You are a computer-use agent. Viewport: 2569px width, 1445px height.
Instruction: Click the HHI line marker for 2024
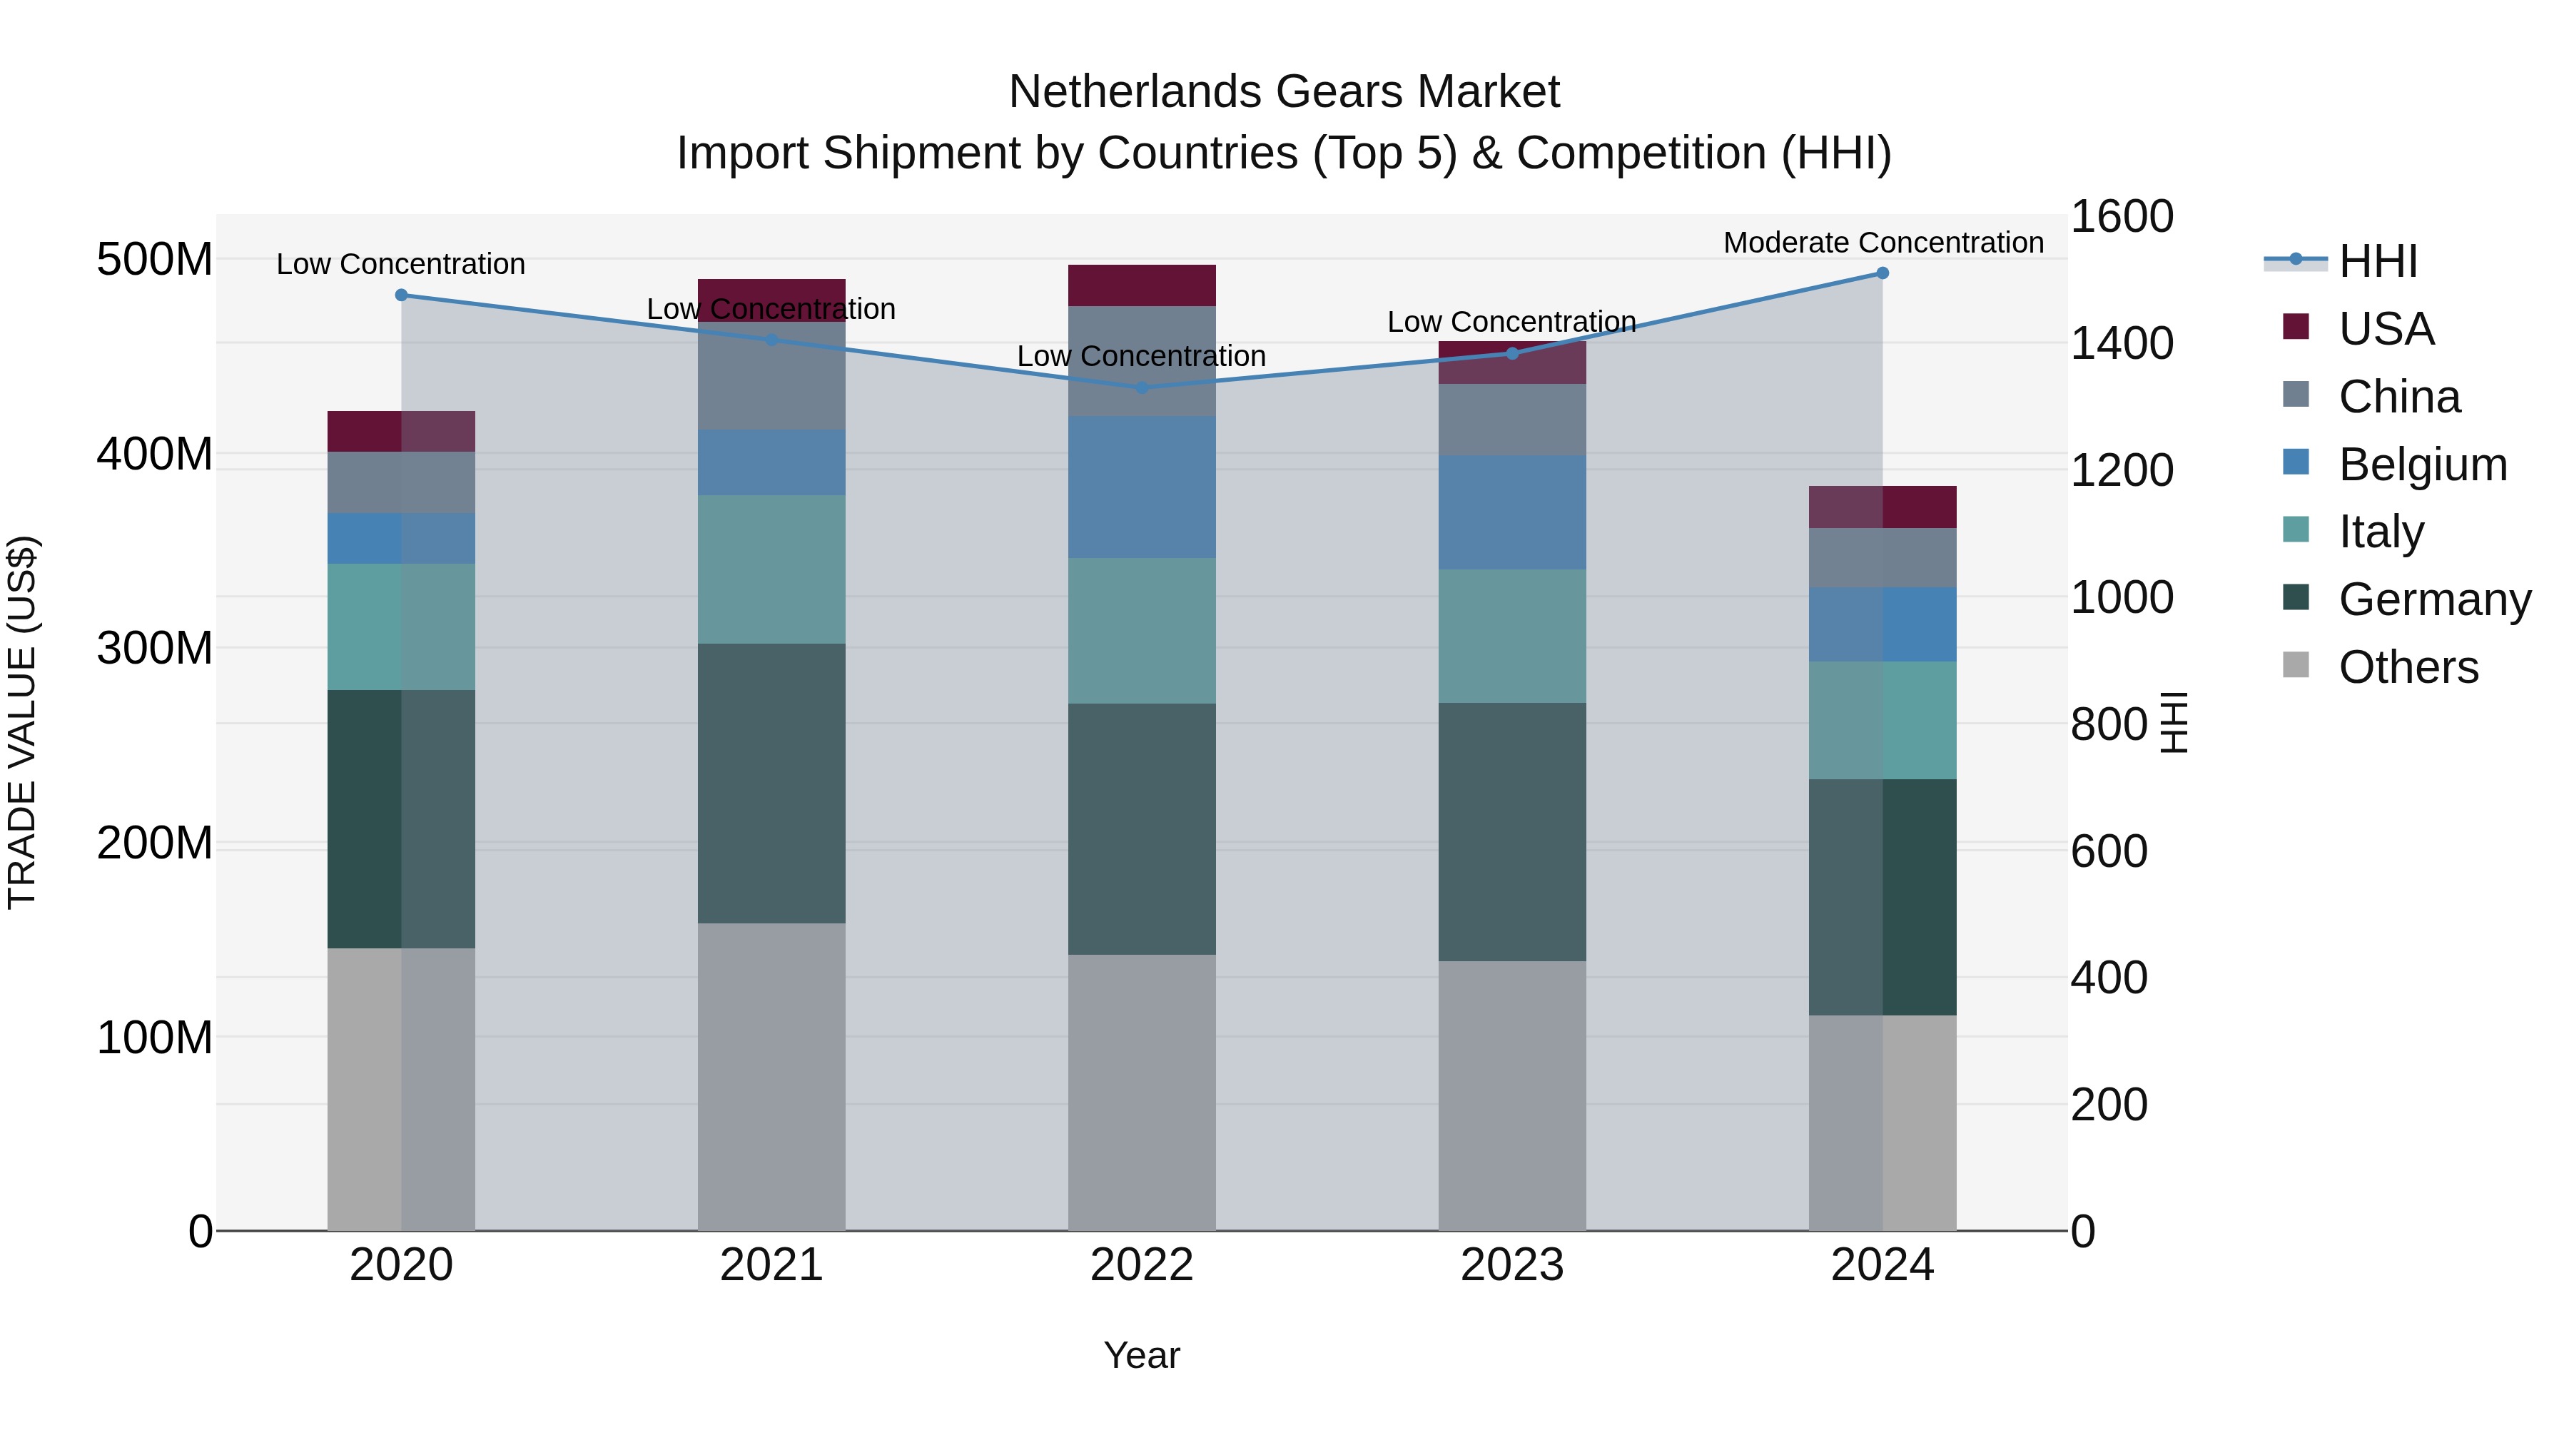[1882, 273]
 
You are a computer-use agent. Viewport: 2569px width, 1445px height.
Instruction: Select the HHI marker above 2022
[1142, 387]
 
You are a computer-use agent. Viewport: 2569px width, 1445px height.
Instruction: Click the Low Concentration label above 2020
[401, 264]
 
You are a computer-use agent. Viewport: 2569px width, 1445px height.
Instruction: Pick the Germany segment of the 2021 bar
[771, 783]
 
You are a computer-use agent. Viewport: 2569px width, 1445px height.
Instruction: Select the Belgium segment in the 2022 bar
[1142, 487]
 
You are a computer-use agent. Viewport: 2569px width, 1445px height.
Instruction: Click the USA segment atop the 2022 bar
[1142, 285]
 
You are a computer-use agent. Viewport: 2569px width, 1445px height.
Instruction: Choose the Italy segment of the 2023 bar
[1512, 637]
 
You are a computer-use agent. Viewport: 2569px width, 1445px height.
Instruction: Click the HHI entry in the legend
[2378, 261]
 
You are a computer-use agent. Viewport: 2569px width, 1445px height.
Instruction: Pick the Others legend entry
[2408, 667]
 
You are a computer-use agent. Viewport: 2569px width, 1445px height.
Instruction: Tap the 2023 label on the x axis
[1512, 1265]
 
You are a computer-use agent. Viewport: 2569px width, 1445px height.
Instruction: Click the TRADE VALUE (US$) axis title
[22, 722]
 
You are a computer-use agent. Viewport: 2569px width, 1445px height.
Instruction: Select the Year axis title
[1142, 1355]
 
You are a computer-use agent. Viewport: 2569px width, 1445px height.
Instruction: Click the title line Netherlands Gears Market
[1284, 92]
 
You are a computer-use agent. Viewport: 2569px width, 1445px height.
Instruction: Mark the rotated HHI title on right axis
[2174, 722]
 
